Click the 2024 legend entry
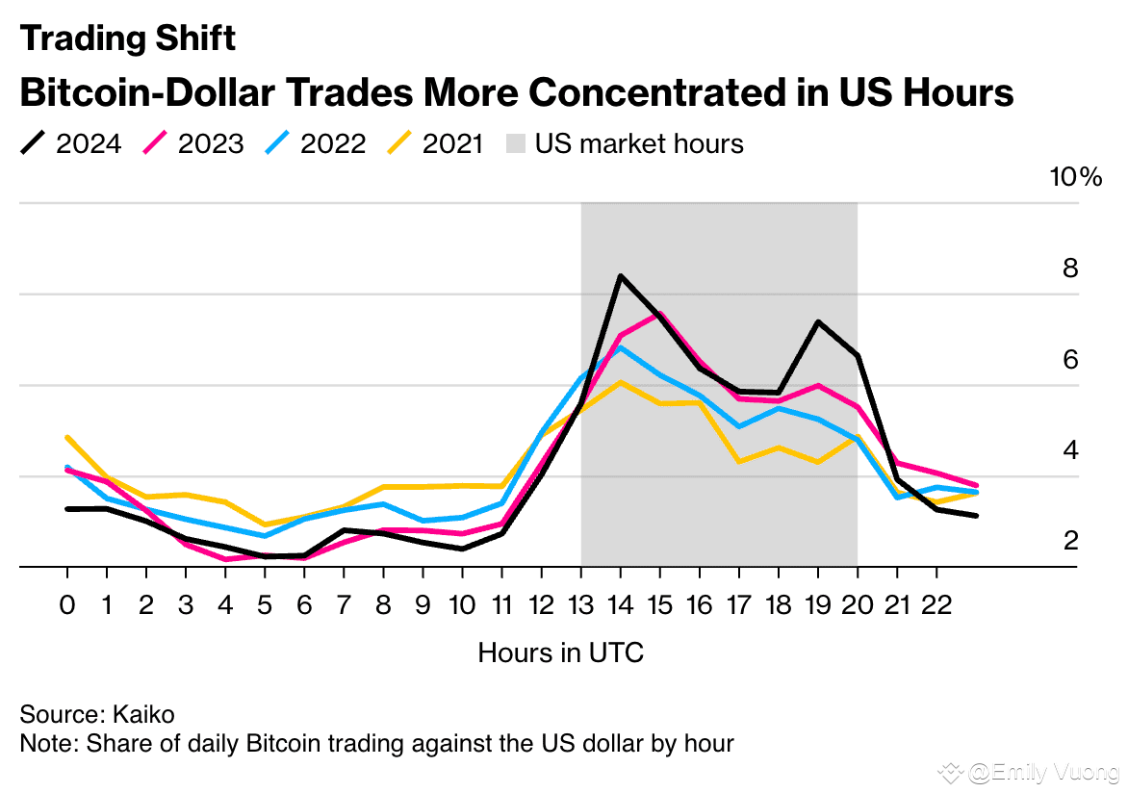[71, 144]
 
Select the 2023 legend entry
[193, 144]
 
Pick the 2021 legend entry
[438, 144]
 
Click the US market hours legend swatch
[517, 144]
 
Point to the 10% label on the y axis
[1075, 178]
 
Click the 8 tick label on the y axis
[1069, 269]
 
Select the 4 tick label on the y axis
[1069, 450]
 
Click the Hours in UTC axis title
[560, 652]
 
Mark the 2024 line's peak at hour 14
[621, 276]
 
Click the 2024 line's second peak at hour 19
[818, 321]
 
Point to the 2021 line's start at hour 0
[67, 438]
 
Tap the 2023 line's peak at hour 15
[660, 314]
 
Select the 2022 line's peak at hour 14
[621, 347]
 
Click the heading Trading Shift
[127, 38]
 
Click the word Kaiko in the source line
[143, 715]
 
